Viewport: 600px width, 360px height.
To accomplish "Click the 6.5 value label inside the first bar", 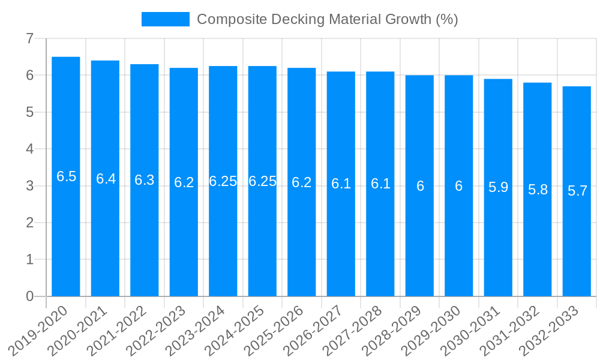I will point(66,176).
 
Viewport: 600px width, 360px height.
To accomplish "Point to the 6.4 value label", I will point(106,178).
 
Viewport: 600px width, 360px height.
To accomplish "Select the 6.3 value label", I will point(145,180).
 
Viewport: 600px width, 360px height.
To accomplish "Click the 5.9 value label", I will point(498,187).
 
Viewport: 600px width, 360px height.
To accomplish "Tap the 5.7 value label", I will point(577,191).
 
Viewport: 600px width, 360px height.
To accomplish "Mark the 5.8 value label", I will point(538,190).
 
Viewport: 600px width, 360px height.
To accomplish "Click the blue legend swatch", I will point(165,19).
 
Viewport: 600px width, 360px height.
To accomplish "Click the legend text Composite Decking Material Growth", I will point(327,19).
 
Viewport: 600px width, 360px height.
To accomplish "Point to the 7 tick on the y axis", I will point(29,38).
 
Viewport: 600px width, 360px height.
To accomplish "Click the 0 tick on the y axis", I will point(29,296).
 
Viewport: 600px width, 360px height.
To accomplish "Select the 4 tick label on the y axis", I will point(29,149).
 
